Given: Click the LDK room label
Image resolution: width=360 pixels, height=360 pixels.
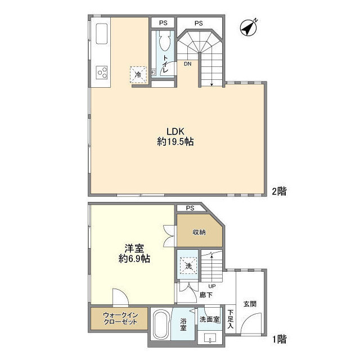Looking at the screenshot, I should [x=175, y=132].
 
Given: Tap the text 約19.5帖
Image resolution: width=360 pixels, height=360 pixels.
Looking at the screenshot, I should [x=175, y=143].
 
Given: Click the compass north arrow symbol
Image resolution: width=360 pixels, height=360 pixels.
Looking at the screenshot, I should [x=247, y=26].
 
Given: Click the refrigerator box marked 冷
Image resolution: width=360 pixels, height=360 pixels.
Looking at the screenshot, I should [x=138, y=74].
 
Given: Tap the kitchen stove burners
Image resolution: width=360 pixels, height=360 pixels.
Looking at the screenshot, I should [x=102, y=72].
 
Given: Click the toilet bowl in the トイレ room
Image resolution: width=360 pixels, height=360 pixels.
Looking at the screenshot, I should [x=164, y=43].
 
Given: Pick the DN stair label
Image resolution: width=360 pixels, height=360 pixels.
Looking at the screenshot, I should [x=187, y=64].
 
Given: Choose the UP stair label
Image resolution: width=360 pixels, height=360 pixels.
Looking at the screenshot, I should [x=196, y=286].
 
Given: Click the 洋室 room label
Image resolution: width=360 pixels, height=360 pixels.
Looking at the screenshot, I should [x=132, y=247].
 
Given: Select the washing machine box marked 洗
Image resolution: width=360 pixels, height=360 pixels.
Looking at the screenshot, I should [x=186, y=264].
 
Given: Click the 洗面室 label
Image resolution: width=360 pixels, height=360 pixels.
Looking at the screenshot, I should [x=209, y=319].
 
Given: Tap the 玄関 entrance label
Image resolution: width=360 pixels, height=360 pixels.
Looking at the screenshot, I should [x=250, y=304].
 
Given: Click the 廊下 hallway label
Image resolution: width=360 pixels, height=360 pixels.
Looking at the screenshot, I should [x=205, y=294].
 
